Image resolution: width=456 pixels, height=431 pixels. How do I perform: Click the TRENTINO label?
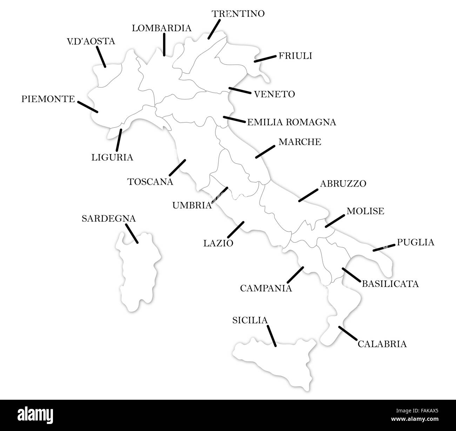[238, 14]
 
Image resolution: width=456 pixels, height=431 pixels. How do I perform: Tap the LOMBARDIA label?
[162, 28]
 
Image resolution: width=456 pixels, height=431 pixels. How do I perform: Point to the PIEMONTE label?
[48, 99]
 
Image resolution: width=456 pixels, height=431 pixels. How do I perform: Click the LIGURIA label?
[112, 157]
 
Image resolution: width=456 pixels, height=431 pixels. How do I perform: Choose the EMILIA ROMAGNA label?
[291, 122]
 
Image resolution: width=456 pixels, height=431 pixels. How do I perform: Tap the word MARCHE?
[300, 142]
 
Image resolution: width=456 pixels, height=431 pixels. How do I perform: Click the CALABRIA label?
[382, 344]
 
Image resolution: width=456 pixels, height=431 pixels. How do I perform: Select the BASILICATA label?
[390, 283]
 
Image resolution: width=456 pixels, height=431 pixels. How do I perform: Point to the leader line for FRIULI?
[265, 58]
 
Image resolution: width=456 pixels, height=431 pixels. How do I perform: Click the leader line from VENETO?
[240, 91]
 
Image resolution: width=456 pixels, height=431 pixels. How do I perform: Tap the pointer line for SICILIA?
[271, 336]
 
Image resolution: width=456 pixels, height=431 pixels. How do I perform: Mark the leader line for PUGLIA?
[384, 247]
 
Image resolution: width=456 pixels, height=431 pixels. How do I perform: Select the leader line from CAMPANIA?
[295, 275]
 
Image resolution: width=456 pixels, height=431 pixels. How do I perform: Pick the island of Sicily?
[277, 360]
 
